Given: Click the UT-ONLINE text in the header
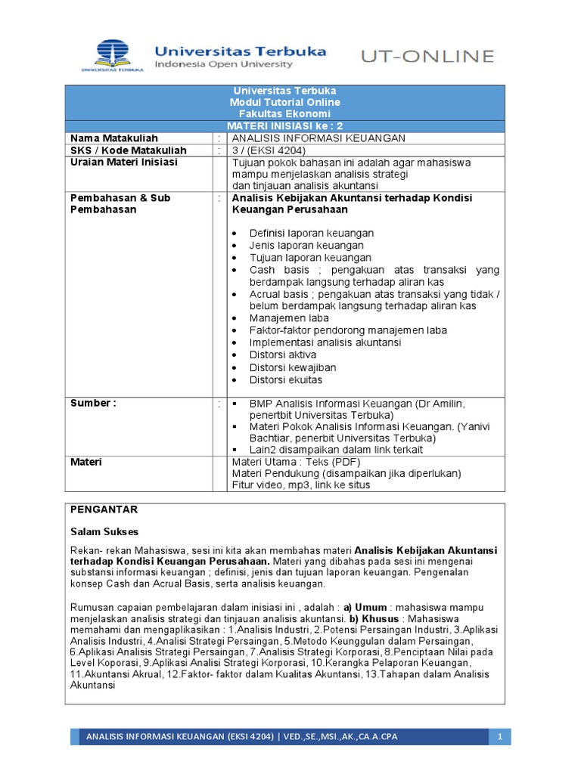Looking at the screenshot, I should (x=427, y=56).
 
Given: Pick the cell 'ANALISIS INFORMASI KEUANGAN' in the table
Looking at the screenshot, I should (x=318, y=138).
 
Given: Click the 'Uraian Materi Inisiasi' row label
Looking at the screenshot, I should (x=123, y=162).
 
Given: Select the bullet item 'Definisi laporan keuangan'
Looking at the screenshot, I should (x=311, y=233).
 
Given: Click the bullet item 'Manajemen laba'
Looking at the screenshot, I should (x=289, y=318).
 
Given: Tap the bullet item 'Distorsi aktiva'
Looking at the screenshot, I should (x=283, y=354).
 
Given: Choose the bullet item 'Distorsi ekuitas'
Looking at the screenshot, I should (x=285, y=379).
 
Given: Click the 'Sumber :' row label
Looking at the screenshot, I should (x=93, y=403).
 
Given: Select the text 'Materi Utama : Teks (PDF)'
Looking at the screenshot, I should (x=296, y=462).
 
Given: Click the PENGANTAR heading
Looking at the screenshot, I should (x=104, y=509).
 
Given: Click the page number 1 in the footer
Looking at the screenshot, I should (x=500, y=736).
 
